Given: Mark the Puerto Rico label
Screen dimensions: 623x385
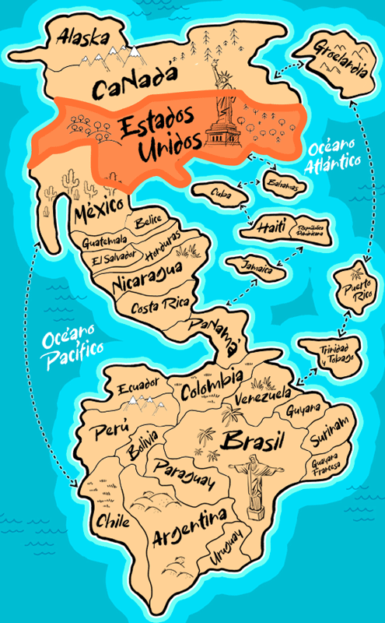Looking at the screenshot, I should [x=355, y=290].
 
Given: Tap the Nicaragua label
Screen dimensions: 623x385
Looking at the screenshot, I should [x=147, y=279].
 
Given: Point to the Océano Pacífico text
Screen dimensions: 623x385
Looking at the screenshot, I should [x=72, y=343].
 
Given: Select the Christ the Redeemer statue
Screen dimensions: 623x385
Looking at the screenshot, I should [x=252, y=484].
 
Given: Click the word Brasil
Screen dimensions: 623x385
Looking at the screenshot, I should [x=250, y=442].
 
